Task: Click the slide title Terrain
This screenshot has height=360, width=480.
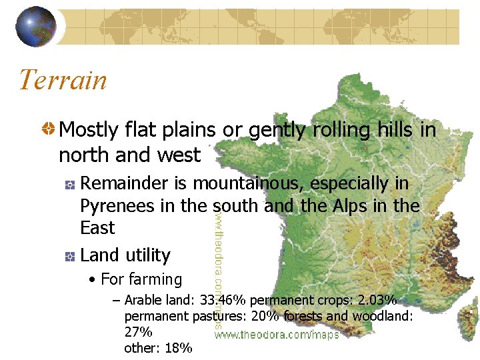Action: point(63,80)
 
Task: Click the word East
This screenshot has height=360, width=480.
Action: point(97,228)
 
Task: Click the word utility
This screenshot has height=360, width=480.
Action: point(148,255)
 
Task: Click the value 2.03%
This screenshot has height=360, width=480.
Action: point(375,300)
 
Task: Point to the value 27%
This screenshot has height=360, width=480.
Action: point(139,332)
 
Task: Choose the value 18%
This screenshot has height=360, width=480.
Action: point(177,348)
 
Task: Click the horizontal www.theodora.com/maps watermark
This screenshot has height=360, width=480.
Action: point(276,335)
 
